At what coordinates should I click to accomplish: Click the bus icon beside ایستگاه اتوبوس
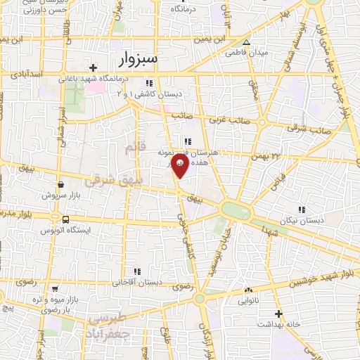[x=65, y=219]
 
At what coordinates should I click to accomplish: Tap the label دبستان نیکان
[x=302, y=220]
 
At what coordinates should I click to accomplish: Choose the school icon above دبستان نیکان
[x=302, y=210]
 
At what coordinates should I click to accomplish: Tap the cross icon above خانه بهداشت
[x=278, y=313]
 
